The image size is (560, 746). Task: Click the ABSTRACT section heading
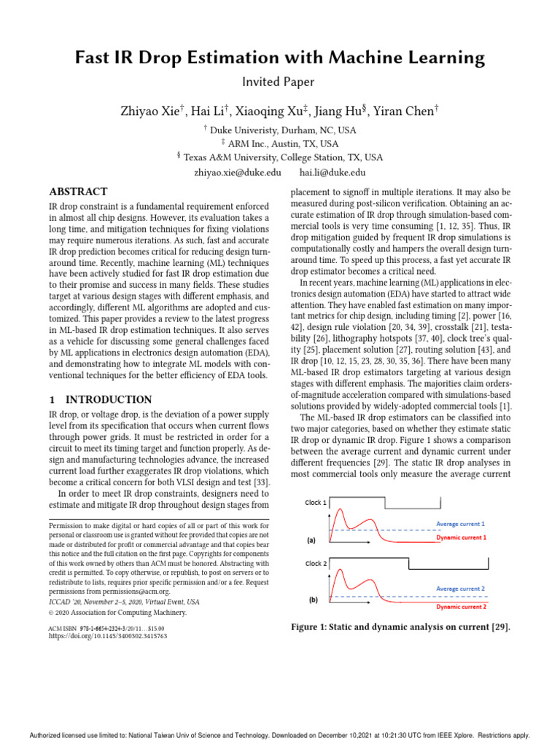point(78,192)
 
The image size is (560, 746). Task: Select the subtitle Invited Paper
point(280,82)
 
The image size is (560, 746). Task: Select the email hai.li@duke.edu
point(332,172)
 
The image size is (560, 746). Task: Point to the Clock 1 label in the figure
point(315,503)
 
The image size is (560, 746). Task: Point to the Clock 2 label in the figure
point(315,564)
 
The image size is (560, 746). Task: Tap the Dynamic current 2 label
point(462,606)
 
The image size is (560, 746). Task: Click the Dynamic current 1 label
point(461,537)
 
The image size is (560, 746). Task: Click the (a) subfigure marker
point(311,541)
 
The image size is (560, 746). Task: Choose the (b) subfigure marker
point(313,600)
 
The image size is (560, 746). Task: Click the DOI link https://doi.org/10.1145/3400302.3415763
point(107,636)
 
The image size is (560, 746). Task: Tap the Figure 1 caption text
point(400,628)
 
